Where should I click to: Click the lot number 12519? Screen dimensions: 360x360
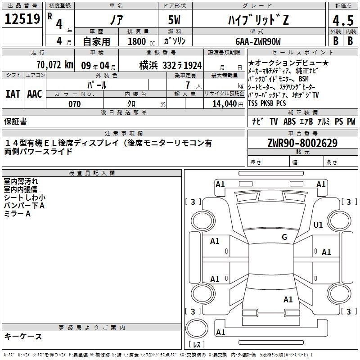[x=22, y=19]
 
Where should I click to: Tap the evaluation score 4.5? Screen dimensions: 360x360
[x=342, y=20]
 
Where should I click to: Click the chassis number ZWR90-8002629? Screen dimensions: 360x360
[x=302, y=143]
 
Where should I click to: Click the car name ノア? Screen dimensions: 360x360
[x=116, y=20]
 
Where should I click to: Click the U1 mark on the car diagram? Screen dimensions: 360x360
[x=318, y=225]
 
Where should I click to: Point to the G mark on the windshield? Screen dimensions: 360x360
[x=284, y=237]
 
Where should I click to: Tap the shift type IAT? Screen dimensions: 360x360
[x=13, y=94]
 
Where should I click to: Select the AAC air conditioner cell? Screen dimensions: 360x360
[x=35, y=94]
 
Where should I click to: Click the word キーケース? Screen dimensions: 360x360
[x=23, y=336]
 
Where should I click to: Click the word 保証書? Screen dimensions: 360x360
[x=15, y=121]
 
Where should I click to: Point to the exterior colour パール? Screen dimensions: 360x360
[x=97, y=85]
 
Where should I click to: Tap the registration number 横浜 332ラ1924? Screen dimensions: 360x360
[x=164, y=65]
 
